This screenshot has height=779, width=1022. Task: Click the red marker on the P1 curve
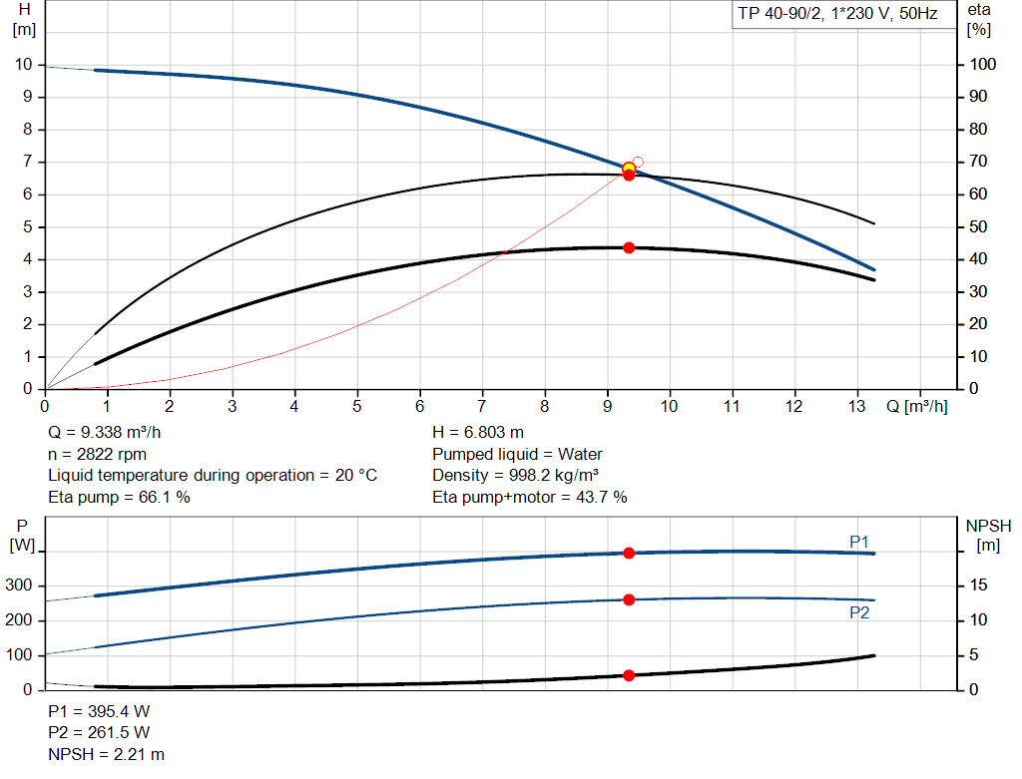point(629,553)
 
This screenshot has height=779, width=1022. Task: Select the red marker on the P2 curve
point(629,599)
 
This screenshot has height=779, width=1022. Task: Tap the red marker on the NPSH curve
point(629,675)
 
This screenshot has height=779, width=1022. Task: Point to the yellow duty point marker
point(629,168)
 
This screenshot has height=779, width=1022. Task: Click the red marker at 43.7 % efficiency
point(629,247)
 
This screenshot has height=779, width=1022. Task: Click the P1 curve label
point(859,541)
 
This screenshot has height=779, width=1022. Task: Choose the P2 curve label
point(859,612)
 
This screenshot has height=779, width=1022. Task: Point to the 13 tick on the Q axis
point(857,407)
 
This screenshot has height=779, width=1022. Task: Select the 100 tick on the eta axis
point(982,65)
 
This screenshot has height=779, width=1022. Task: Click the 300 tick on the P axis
point(21,586)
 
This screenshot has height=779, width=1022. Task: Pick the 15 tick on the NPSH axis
point(980,586)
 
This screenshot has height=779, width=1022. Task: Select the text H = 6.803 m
point(477,432)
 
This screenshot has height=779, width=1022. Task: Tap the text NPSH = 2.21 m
point(107,755)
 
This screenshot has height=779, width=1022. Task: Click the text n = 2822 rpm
point(98,454)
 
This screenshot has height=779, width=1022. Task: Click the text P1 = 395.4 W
point(99,711)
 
